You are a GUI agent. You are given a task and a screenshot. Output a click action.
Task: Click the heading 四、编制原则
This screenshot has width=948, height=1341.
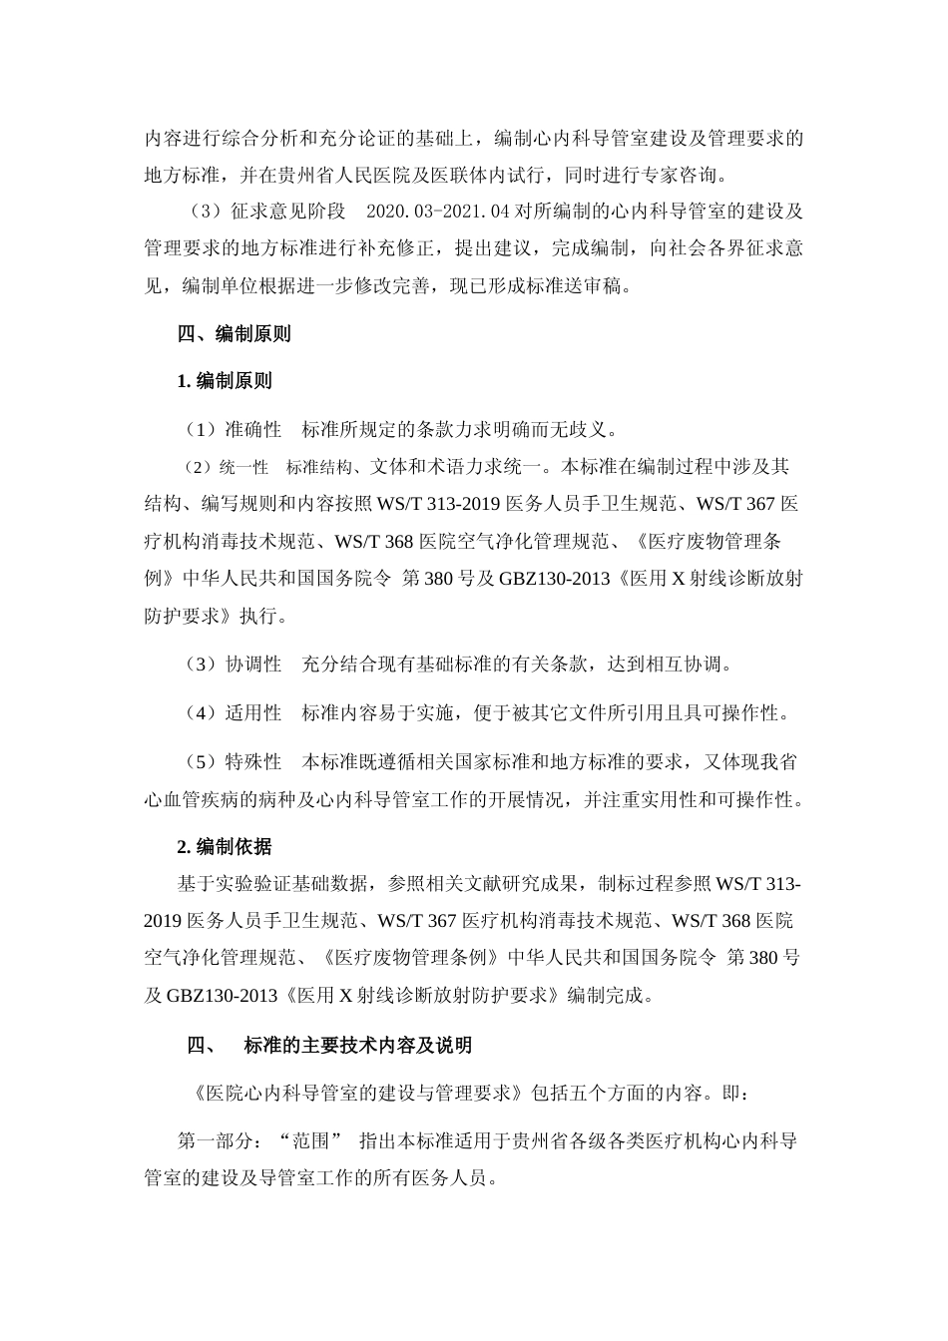click(x=234, y=334)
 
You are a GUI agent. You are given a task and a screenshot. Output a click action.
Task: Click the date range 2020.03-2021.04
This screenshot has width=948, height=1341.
click(x=439, y=212)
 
